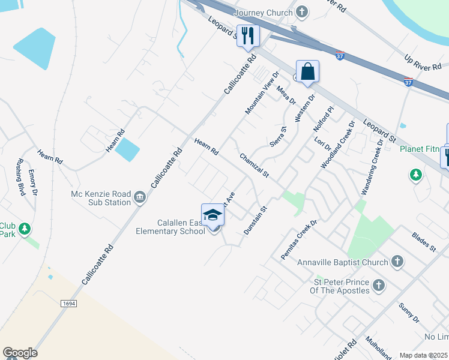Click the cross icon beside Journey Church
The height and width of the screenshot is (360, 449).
click(x=302, y=12)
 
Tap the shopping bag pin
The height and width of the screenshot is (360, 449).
click(x=307, y=72)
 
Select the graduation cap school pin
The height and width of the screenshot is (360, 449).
click(x=212, y=215)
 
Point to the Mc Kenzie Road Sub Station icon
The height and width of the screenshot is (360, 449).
click(x=139, y=197)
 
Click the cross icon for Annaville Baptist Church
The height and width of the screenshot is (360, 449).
click(x=396, y=262)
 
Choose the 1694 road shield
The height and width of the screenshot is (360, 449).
click(x=69, y=304)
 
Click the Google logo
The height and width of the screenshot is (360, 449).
click(x=20, y=353)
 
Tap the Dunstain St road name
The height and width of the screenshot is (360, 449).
click(x=255, y=220)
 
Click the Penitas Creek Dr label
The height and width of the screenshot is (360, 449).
click(x=298, y=240)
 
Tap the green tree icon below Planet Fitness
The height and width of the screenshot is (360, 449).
click(x=415, y=175)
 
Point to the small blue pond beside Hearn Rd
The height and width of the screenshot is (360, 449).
click(x=127, y=149)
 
